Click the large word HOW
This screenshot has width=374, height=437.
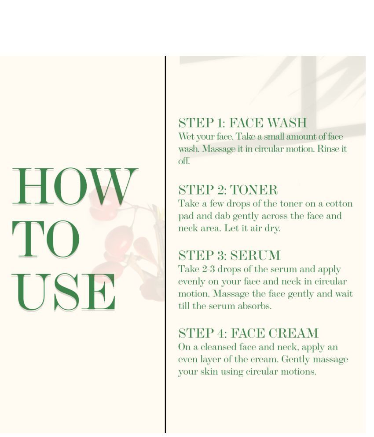click(74, 187)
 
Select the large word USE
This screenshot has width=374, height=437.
click(64, 293)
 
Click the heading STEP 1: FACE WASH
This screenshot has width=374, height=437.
click(242, 123)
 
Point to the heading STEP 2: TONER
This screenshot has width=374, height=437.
click(228, 190)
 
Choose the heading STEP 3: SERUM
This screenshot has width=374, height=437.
click(229, 256)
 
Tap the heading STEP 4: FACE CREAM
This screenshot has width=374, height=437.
click(248, 333)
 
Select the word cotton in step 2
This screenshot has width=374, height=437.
click(339, 204)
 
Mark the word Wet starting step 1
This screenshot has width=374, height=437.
click(185, 137)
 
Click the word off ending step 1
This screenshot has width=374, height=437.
click(184, 161)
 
